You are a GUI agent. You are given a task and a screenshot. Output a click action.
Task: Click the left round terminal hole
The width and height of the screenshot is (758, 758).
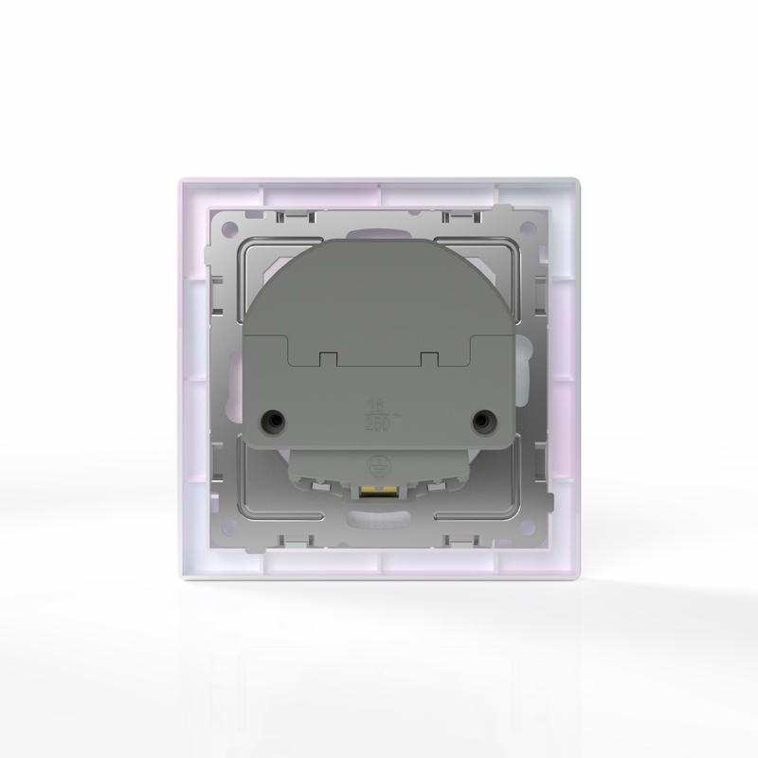[274, 418]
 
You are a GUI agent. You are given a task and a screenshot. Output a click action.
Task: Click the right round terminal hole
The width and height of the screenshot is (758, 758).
[484, 418]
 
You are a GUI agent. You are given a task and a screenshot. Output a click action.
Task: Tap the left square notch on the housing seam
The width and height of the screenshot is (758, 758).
[326, 358]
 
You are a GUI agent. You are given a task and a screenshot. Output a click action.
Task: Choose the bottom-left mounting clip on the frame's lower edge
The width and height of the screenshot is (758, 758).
[294, 540]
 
